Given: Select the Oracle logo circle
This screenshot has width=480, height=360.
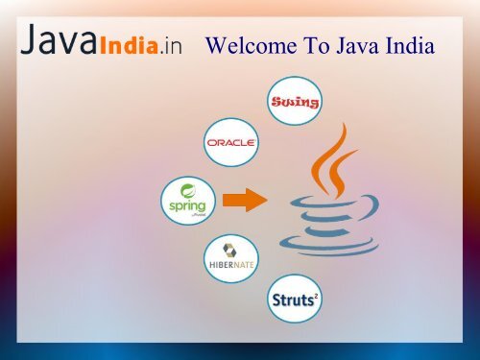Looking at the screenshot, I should (x=230, y=143).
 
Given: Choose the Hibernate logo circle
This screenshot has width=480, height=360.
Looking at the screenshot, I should (x=230, y=258).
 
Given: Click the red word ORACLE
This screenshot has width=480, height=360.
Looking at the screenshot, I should (x=230, y=143).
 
